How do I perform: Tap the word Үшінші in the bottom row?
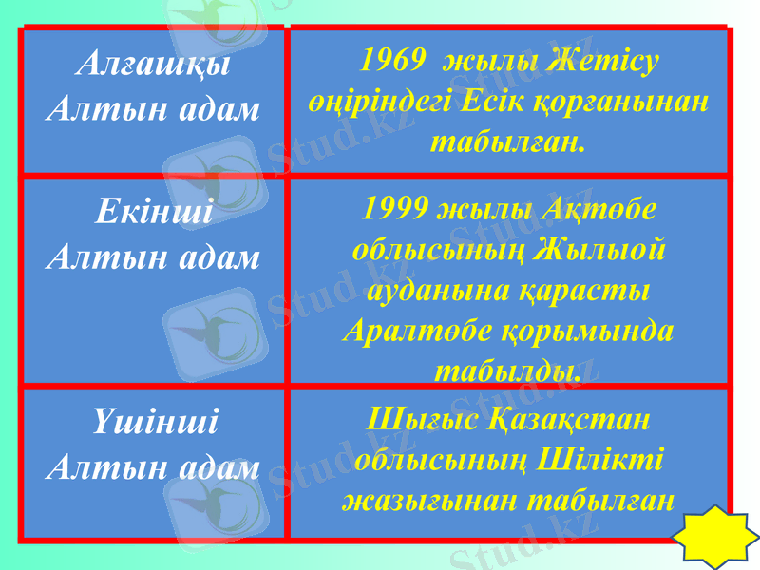click(x=154, y=421)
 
